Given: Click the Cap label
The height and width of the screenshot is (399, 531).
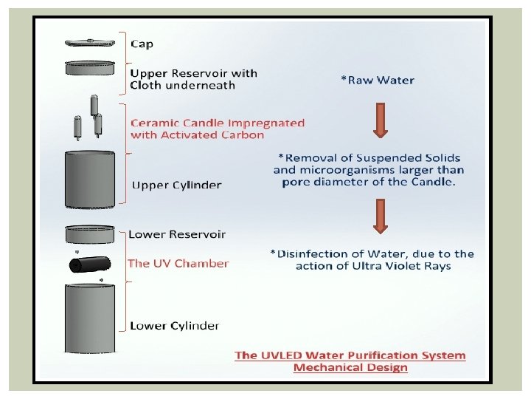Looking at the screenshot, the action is pyautogui.click(x=142, y=44).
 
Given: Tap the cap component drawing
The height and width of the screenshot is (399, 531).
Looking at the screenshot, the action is pyautogui.click(x=90, y=42).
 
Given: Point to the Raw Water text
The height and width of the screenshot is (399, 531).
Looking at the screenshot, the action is pyautogui.click(x=377, y=80).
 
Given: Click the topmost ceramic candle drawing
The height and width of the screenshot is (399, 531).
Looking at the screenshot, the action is pyautogui.click(x=94, y=105).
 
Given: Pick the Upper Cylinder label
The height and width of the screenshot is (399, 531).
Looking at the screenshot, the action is pyautogui.click(x=176, y=185).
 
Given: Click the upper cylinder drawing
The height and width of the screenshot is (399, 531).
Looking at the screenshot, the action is pyautogui.click(x=90, y=180).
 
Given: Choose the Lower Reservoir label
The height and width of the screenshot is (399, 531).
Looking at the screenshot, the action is pyautogui.click(x=177, y=234).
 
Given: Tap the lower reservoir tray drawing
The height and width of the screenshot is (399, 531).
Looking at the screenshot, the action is pyautogui.click(x=90, y=234).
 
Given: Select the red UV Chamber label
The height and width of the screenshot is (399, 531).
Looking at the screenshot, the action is pyautogui.click(x=178, y=263).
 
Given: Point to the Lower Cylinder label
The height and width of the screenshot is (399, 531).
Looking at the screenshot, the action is pyautogui.click(x=174, y=325).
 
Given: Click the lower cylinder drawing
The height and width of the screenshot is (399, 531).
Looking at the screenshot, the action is pyautogui.click(x=90, y=318).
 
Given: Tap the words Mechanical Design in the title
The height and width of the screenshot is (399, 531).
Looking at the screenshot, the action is pyautogui.click(x=350, y=367).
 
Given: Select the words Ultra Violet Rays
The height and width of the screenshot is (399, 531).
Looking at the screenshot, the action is pyautogui.click(x=414, y=266).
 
